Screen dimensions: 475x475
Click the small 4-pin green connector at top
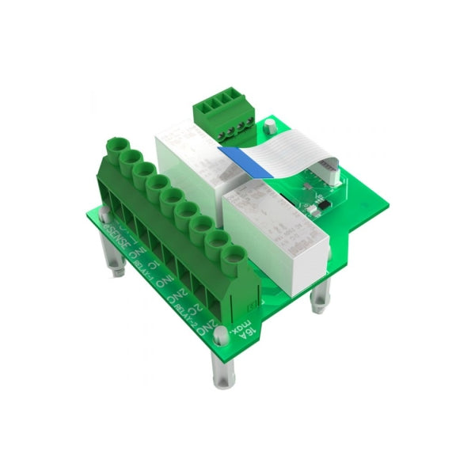click(226, 114)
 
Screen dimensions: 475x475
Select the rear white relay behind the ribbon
click(194, 150)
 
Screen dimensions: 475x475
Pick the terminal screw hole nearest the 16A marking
click(234, 255)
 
